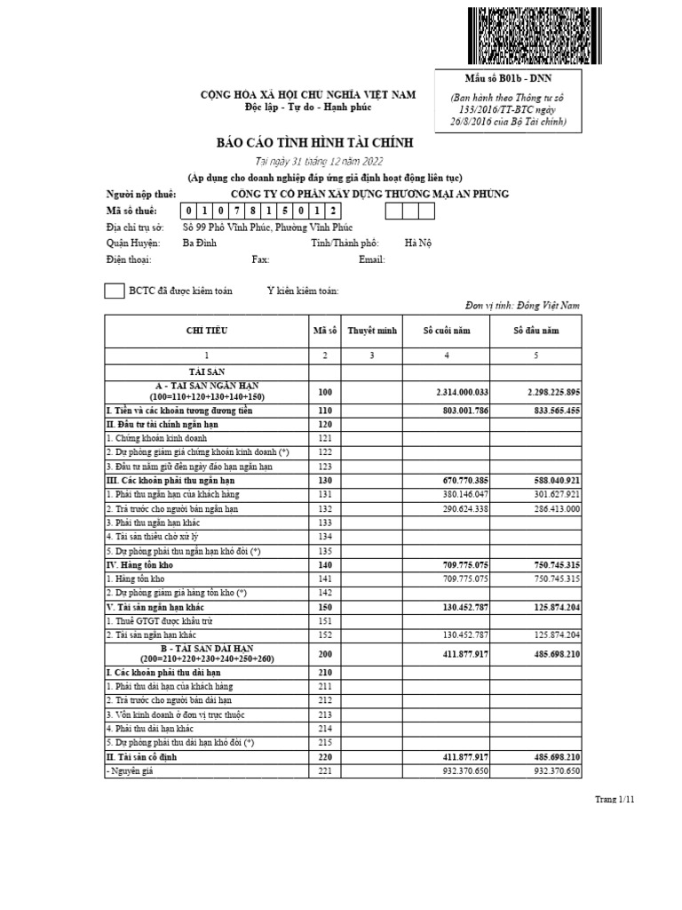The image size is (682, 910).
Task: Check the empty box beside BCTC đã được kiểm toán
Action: click(x=115, y=291)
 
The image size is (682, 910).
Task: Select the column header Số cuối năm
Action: click(x=448, y=331)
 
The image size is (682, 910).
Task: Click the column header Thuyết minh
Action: click(x=371, y=331)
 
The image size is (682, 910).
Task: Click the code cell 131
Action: click(x=325, y=493)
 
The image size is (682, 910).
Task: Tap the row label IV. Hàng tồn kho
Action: click(x=141, y=564)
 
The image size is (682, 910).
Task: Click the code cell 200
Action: click(x=325, y=655)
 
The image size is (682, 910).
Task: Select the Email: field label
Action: click(x=371, y=259)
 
